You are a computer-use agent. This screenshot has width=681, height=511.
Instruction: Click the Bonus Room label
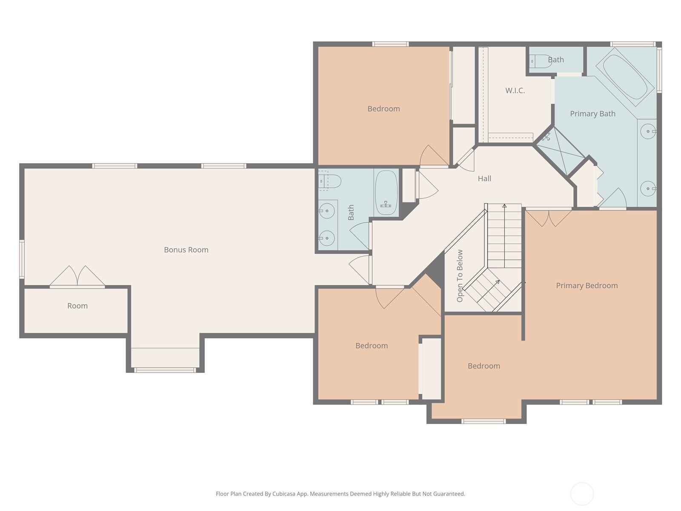pyautogui.click(x=186, y=250)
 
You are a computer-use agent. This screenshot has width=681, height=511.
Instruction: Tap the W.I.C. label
pyautogui.click(x=515, y=91)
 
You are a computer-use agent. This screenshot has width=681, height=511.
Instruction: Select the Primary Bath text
pyautogui.click(x=592, y=114)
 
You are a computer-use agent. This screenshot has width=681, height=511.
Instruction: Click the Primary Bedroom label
pyautogui.click(x=587, y=285)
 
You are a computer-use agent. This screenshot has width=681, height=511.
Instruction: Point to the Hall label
pyautogui.click(x=484, y=178)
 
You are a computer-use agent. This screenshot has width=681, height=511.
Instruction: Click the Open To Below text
pyautogui.click(x=460, y=276)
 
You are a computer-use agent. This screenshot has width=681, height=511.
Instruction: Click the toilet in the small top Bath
pyautogui.click(x=540, y=61)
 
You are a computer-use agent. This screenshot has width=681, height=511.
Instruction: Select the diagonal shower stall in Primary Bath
pyautogui.click(x=560, y=152)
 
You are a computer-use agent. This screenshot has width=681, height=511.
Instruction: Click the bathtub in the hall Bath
pyautogui.click(x=386, y=192)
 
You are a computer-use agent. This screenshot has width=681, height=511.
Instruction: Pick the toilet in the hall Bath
pyautogui.click(x=329, y=181)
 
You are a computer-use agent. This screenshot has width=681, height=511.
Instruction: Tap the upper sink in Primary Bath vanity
pyautogui.click(x=648, y=132)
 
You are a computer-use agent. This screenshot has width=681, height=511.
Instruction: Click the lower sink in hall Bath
pyautogui.click(x=327, y=238)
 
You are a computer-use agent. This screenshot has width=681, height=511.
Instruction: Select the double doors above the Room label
pyautogui.click(x=77, y=276)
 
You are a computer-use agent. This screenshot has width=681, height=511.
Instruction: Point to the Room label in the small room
pyautogui.click(x=77, y=306)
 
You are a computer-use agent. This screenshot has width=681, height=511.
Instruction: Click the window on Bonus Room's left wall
pyautogui.click(x=22, y=259)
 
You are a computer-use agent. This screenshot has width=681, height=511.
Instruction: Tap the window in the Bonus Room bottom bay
pyautogui.click(x=165, y=370)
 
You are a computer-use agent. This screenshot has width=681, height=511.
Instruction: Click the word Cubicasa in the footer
pyautogui.click(x=284, y=494)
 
